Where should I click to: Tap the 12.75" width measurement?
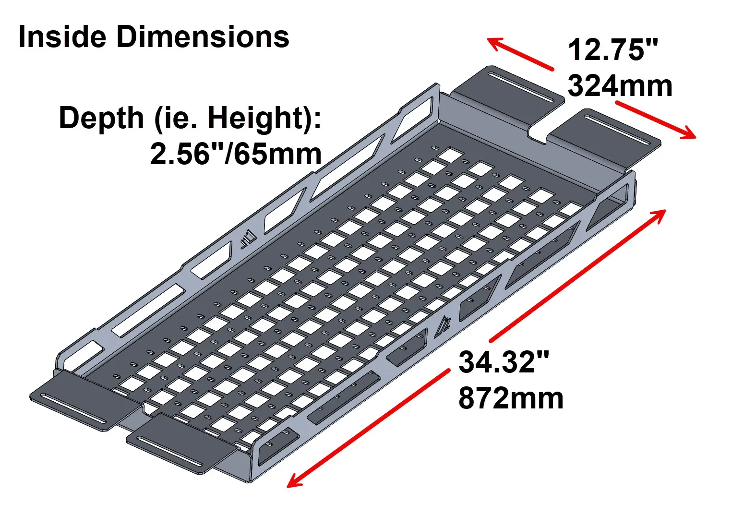(612, 50)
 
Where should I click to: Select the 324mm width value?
(620, 86)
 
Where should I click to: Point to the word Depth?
(101, 118)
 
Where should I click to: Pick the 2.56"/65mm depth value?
(236, 155)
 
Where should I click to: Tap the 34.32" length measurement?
(504, 362)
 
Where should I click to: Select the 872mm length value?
(511, 398)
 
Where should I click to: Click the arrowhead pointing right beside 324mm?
(689, 133)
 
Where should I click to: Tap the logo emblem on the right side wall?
(443, 327)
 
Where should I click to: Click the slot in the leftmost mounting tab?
(74, 407)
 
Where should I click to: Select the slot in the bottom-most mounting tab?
(170, 449)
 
